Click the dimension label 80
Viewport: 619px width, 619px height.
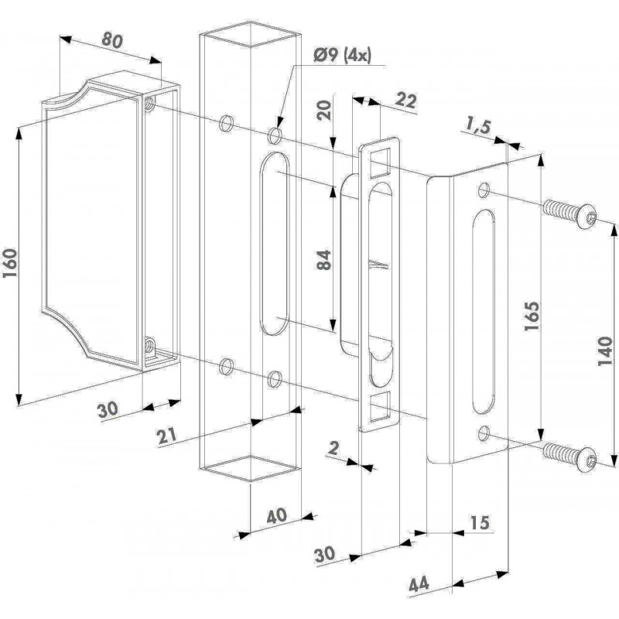112,41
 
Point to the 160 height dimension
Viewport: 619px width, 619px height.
10,263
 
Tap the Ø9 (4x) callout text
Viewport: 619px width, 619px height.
342,55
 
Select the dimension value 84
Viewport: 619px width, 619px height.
324,260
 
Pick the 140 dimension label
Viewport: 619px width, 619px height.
604,351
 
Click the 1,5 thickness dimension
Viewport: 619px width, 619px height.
477,127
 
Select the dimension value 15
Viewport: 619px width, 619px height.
480,523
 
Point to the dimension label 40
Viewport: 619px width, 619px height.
277,517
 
